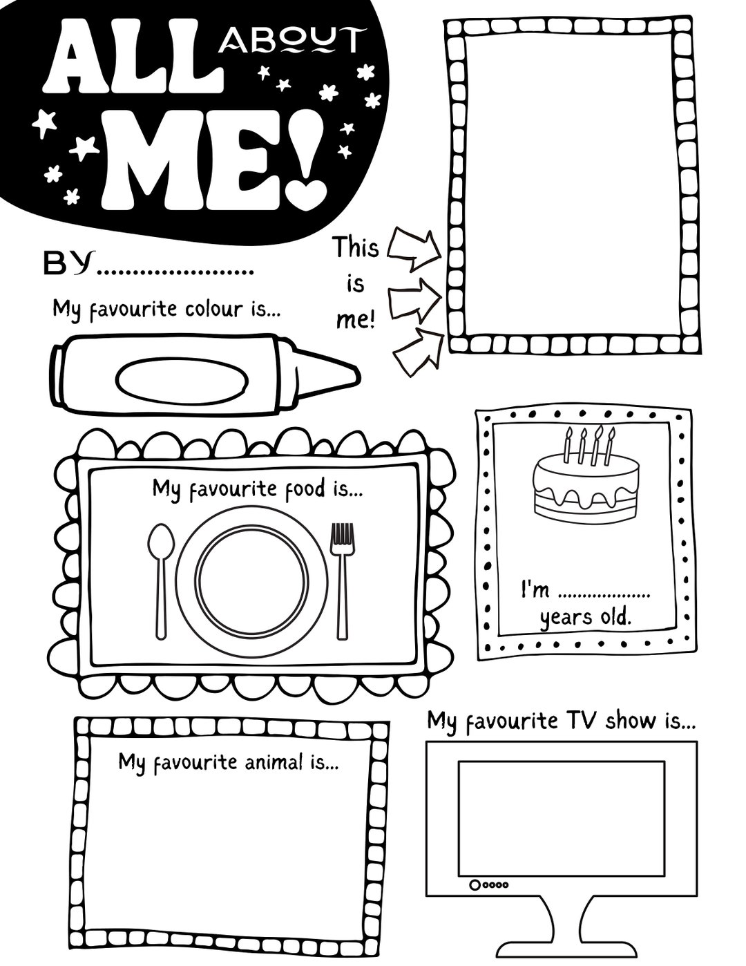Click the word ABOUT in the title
(289, 41)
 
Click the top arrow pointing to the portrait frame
(414, 249)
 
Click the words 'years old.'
(585, 616)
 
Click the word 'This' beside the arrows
(356, 247)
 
